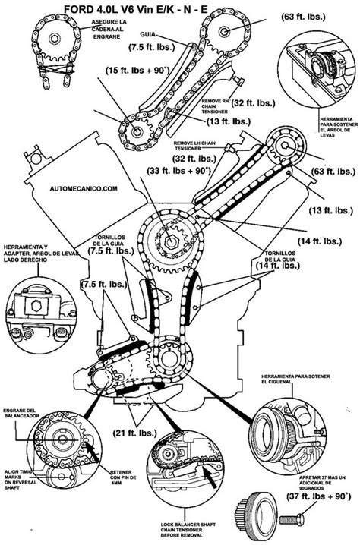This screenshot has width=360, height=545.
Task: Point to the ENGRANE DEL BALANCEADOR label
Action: coord(21,411)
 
